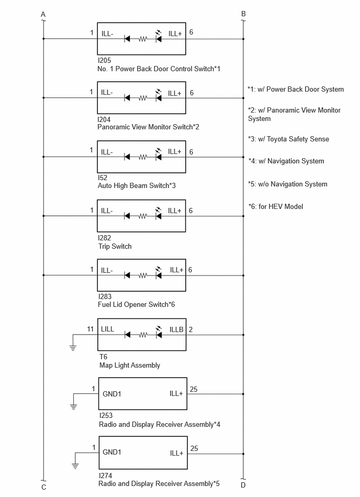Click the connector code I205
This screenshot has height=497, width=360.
click(104, 60)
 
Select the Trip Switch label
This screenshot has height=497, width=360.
click(115, 246)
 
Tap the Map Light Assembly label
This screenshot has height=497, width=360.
click(129, 365)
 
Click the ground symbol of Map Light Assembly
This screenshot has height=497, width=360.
click(73, 348)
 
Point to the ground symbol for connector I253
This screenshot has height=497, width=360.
click(73, 407)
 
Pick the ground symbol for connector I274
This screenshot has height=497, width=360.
click(75, 466)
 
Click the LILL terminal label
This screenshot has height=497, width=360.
click(107, 329)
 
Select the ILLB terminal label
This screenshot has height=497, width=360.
click(176, 329)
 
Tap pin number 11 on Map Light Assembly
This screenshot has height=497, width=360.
click(90, 329)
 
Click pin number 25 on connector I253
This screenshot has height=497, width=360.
click(194, 389)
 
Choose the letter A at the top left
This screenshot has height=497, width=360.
click(43, 14)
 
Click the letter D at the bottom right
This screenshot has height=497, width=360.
click(243, 485)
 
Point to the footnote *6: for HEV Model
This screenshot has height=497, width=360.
click(275, 207)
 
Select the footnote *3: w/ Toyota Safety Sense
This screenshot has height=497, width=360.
click(288, 139)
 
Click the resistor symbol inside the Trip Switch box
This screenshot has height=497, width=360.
click(143, 216)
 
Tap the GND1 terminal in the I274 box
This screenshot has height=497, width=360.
click(112, 452)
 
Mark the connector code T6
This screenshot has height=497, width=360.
click(103, 357)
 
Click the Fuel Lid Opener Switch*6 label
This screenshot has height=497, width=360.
click(136, 305)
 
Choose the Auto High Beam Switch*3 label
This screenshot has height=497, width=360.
click(137, 186)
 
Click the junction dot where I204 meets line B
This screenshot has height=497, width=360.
click(243, 98)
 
